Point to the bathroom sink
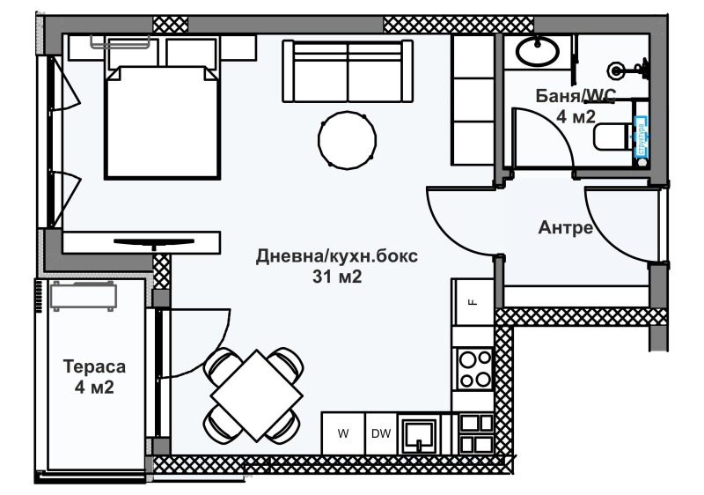(536, 51)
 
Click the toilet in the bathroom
(611, 137)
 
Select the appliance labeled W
(343, 433)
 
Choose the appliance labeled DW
(380, 433)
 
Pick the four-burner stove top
(473, 368)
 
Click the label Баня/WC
(578, 95)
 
